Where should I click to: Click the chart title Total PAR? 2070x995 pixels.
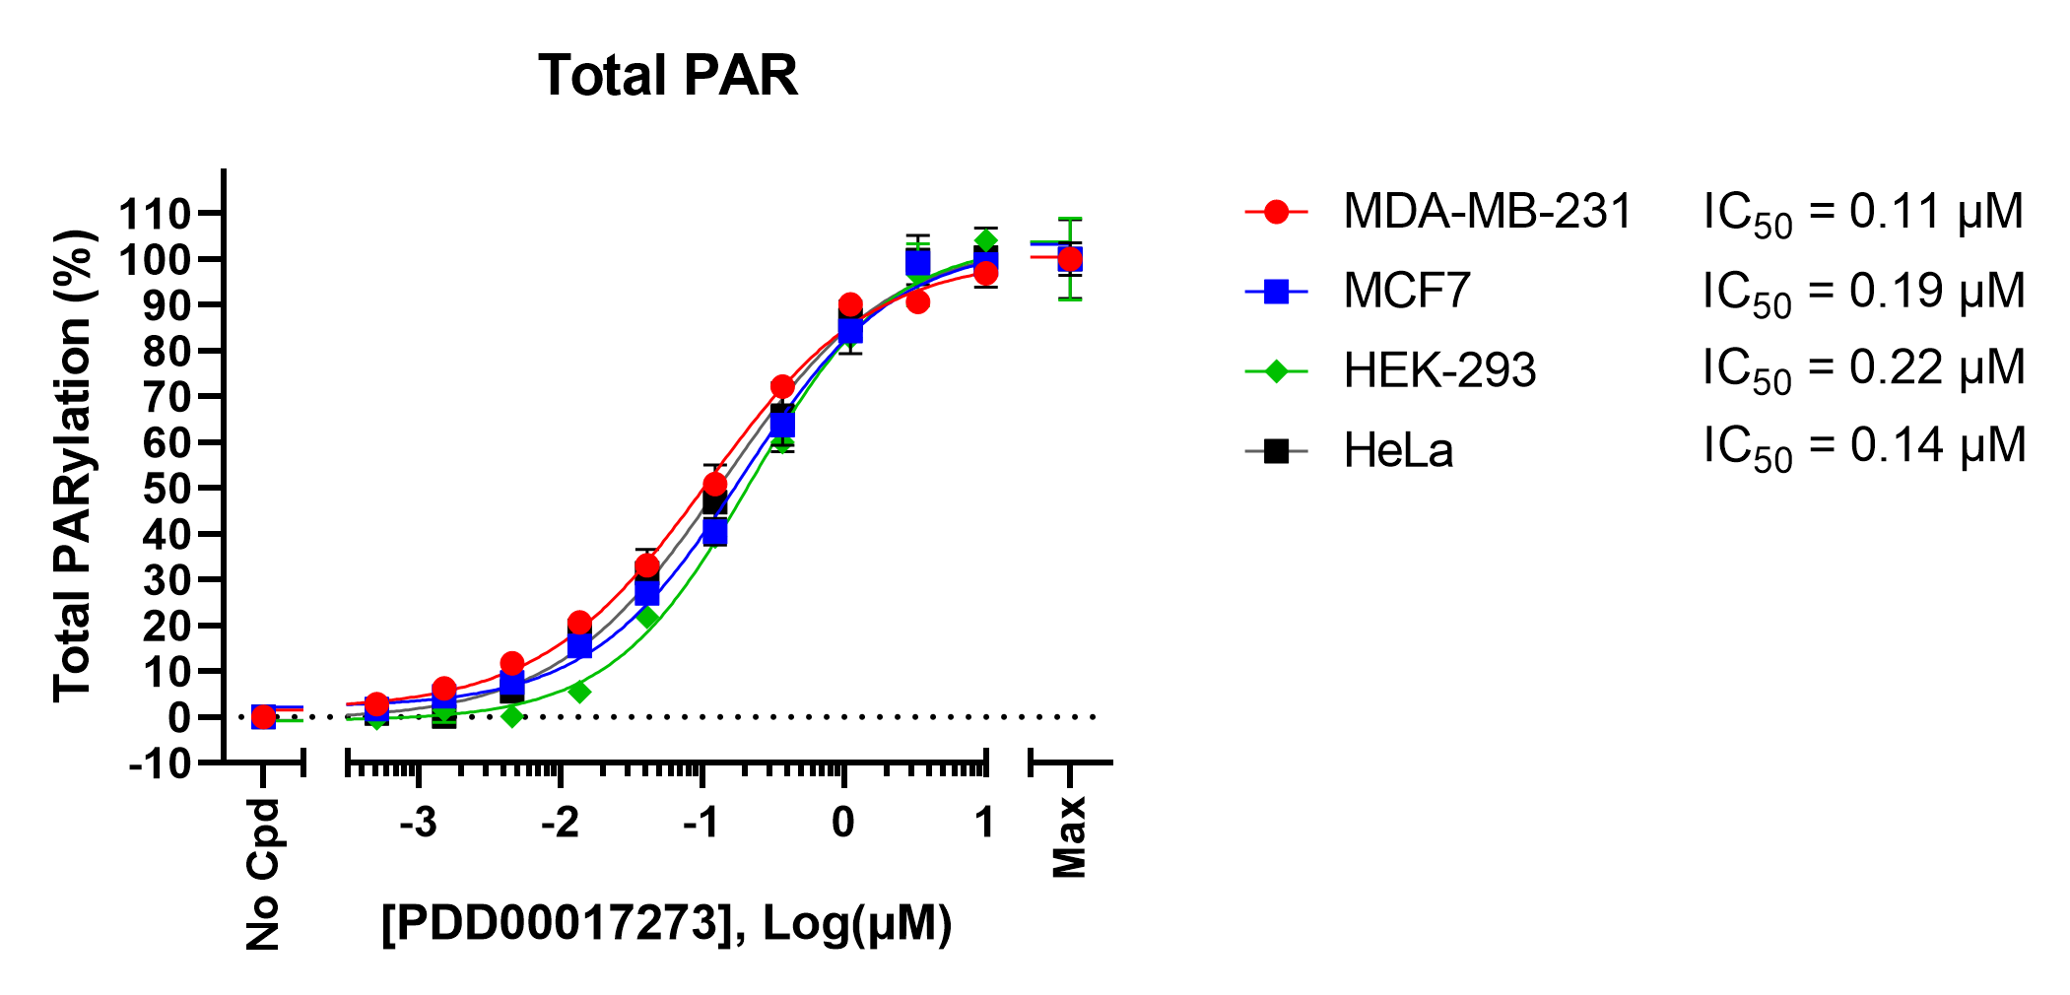(x=667, y=76)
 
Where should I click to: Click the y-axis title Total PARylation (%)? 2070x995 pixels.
(x=73, y=465)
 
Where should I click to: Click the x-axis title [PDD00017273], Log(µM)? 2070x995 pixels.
(x=667, y=924)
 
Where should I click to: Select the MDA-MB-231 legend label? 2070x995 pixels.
(x=1487, y=212)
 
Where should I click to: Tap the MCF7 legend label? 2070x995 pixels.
(x=1406, y=291)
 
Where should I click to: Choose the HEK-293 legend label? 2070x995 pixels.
(x=1438, y=370)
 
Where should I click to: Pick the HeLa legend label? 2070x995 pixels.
(x=1397, y=450)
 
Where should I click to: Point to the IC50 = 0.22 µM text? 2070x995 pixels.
(x=1862, y=369)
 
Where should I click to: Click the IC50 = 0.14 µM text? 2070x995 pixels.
(x=1862, y=447)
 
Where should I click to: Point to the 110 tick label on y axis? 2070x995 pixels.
(x=155, y=214)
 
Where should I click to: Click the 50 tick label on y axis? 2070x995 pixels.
(x=167, y=489)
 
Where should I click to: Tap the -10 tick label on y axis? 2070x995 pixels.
(x=161, y=763)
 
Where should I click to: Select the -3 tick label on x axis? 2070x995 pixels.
(x=418, y=822)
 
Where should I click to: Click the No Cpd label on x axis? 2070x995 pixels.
(x=263, y=875)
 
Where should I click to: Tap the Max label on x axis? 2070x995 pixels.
(x=1070, y=837)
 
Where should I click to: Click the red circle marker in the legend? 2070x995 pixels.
(x=1276, y=212)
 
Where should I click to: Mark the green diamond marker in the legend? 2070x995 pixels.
(x=1276, y=370)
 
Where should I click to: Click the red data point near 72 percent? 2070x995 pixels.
(x=782, y=386)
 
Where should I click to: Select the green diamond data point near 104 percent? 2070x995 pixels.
(x=985, y=240)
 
